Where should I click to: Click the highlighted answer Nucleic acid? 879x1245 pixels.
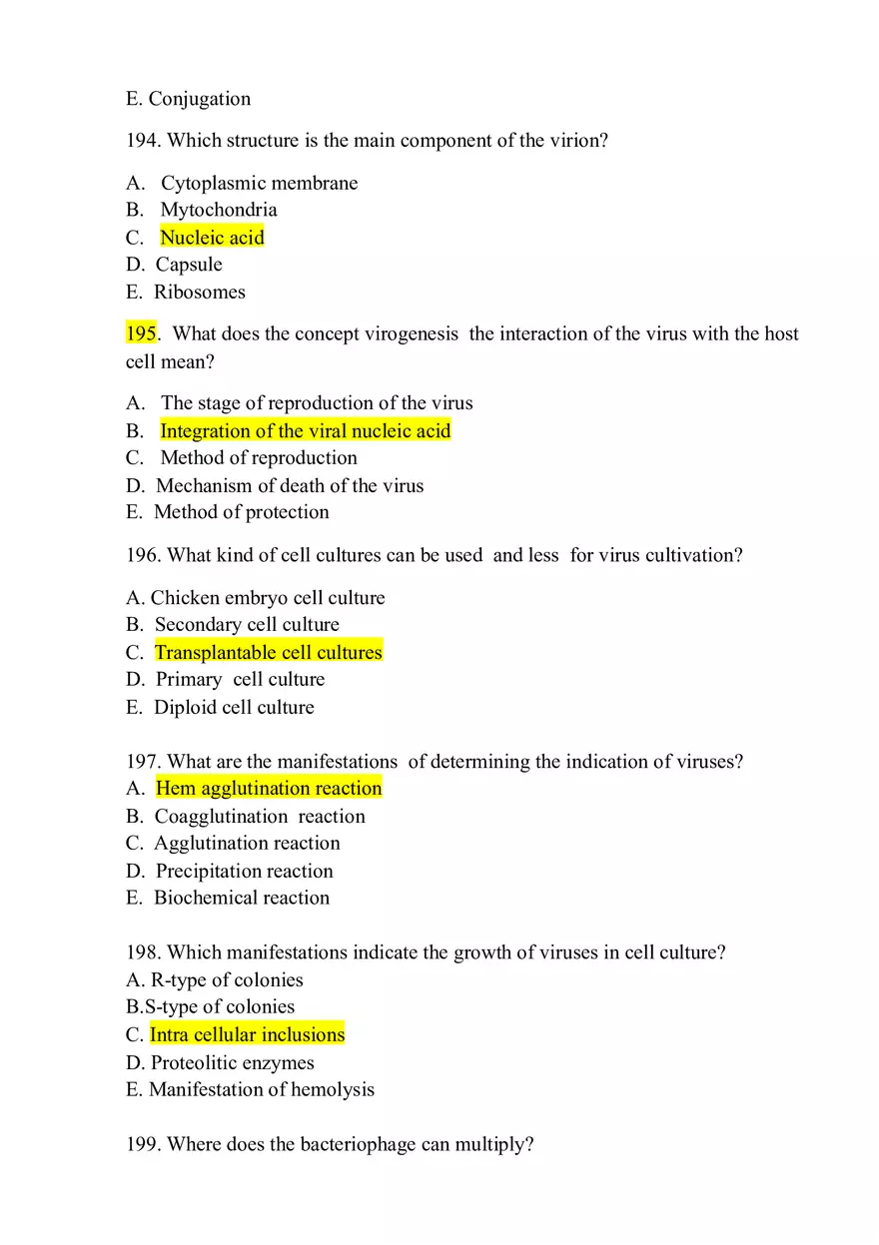[212, 238]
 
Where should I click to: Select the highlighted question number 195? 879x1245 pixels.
[141, 333]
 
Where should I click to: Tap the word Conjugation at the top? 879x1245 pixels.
[200, 99]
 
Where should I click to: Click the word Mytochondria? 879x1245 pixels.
[219, 210]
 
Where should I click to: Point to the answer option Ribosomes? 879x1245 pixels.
[200, 293]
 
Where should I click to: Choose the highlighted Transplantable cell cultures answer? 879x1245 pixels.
[268, 653]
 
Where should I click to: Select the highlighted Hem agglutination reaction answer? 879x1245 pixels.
[269, 789]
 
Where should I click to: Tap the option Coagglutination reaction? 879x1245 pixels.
[260, 817]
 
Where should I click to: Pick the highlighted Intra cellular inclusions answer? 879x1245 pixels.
[247, 1035]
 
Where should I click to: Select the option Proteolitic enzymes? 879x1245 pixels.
[232, 1063]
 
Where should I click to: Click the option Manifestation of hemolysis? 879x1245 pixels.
[262, 1090]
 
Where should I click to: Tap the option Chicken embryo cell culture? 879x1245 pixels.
[267, 598]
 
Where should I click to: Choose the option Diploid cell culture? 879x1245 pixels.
[234, 708]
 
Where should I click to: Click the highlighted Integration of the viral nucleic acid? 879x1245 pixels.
[305, 431]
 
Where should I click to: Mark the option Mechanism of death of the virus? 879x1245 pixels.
[290, 486]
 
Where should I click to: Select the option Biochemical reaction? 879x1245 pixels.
[241, 899]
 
